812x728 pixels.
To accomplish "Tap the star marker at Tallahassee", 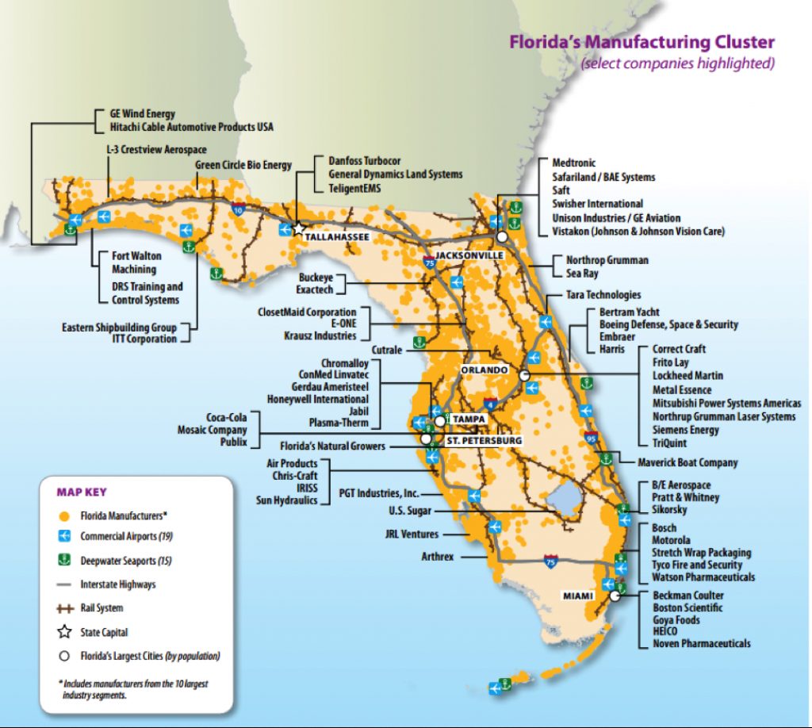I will [299, 228].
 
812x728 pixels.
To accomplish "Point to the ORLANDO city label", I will [483, 370].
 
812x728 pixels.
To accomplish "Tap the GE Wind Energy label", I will [142, 114].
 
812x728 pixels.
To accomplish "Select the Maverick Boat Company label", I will [688, 462].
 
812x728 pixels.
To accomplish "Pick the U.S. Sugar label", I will [409, 511].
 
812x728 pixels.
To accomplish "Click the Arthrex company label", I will [438, 557].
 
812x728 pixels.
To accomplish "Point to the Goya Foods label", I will [676, 619].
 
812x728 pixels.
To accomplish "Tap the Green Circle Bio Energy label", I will [243, 165].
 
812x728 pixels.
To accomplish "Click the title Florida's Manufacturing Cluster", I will [642, 43].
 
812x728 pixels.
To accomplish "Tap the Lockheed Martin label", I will [688, 375].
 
